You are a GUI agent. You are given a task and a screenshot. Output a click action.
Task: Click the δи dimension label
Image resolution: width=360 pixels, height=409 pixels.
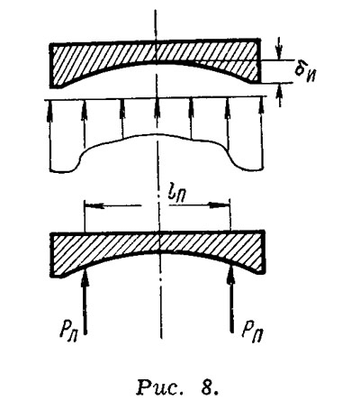303,71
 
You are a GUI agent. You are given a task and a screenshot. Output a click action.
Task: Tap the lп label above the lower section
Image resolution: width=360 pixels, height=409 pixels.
174,193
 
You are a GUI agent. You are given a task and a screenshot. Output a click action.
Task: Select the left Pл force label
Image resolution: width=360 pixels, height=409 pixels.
69,332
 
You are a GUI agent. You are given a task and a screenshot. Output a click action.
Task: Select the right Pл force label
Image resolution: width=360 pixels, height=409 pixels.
253,332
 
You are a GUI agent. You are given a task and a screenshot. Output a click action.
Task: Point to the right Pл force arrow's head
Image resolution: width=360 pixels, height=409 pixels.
231,276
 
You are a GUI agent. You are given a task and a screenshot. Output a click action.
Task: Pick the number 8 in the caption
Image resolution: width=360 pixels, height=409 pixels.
211,387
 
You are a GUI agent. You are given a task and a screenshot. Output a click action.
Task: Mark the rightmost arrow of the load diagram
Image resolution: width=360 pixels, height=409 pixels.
263,132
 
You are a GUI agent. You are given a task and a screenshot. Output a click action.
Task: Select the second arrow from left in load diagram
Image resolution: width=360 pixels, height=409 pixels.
85,125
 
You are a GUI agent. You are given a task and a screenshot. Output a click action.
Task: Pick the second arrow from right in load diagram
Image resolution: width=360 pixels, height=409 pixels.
228,123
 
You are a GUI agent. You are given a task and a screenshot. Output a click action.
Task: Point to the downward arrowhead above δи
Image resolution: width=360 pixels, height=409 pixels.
280,51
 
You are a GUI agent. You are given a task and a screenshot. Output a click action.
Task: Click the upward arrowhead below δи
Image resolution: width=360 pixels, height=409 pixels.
280,90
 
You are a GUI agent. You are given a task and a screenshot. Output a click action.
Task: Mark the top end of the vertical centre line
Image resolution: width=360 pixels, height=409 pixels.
156,10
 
